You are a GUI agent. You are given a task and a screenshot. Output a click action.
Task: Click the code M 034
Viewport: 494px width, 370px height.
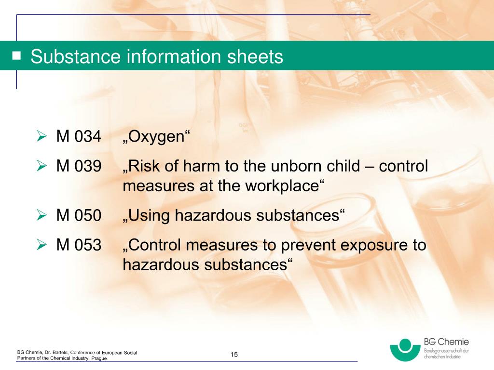(x=79, y=137)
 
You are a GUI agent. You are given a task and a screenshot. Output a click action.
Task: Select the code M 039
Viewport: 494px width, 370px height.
(x=79, y=167)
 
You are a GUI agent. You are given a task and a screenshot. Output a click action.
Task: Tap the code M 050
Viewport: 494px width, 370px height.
(x=79, y=216)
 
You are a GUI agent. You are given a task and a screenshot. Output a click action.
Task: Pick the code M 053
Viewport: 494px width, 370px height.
(x=79, y=245)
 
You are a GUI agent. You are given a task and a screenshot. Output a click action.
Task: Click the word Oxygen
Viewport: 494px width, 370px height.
(x=157, y=138)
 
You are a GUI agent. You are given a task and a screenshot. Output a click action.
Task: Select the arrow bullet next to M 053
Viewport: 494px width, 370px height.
(x=41, y=246)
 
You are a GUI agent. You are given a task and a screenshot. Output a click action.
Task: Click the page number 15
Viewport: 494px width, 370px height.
(x=234, y=355)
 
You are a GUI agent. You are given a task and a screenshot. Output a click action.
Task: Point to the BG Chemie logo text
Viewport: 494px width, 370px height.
(x=446, y=342)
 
